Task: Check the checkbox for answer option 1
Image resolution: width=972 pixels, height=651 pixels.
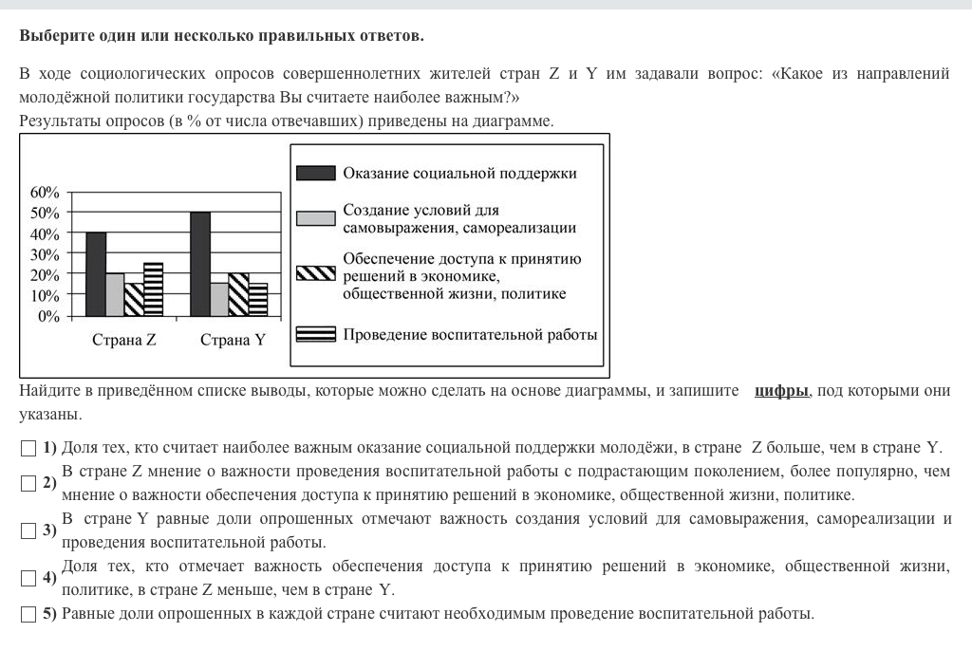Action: pyautogui.click(x=28, y=448)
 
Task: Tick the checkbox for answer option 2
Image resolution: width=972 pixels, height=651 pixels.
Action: pyautogui.click(x=28, y=483)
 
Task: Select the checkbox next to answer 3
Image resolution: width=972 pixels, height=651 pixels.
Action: pyautogui.click(x=28, y=530)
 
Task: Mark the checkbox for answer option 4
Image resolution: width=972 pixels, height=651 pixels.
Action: pyautogui.click(x=28, y=578)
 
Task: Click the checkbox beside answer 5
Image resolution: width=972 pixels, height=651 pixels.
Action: pyautogui.click(x=28, y=613)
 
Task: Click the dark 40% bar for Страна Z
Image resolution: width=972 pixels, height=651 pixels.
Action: pyautogui.click(x=96, y=274)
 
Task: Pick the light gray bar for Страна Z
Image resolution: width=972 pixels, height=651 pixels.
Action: pyautogui.click(x=115, y=294)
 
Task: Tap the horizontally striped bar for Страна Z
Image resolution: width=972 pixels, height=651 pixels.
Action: pyautogui.click(x=154, y=289)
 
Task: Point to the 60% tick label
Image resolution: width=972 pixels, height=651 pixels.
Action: pyautogui.click(x=45, y=192)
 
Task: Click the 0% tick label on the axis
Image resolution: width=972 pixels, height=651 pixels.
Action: pyautogui.click(x=49, y=316)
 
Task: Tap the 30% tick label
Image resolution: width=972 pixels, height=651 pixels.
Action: pyautogui.click(x=45, y=254)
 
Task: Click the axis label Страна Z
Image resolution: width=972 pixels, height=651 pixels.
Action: pyautogui.click(x=124, y=341)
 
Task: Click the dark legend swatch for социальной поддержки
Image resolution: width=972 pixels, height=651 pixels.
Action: pyautogui.click(x=315, y=173)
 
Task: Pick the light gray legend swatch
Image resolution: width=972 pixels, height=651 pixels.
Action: pyautogui.click(x=315, y=219)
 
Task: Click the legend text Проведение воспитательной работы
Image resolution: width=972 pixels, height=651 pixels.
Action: pyautogui.click(x=470, y=334)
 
